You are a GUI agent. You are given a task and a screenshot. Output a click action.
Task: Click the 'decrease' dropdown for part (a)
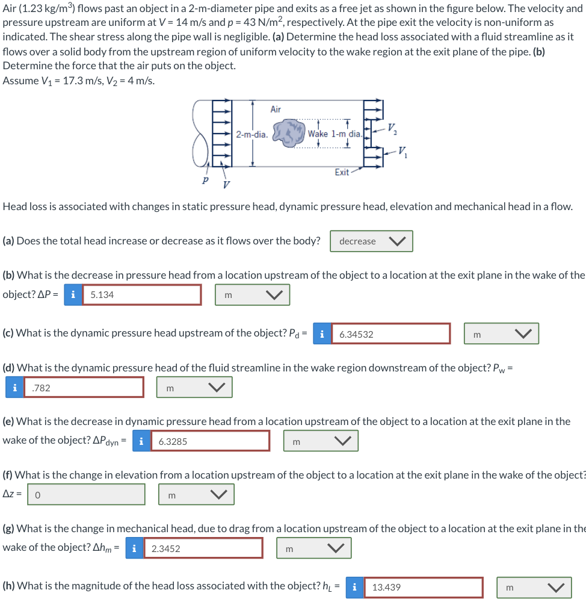tap(371, 241)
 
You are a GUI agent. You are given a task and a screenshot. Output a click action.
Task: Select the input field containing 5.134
tap(141, 295)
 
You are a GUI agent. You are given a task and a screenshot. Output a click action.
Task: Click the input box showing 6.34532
tap(390, 334)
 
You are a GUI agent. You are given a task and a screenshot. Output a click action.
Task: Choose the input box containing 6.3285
tap(210, 441)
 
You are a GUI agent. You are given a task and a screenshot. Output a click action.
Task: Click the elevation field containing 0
tap(86, 495)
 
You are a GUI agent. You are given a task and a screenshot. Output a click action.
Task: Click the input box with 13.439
tap(423, 587)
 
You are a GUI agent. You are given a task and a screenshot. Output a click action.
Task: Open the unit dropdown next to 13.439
tap(534, 587)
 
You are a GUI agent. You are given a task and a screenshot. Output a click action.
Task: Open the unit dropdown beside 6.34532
tap(501, 334)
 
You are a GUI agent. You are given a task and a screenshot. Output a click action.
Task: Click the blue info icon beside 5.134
tap(73, 295)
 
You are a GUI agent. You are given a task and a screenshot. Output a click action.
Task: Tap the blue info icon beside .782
tap(14, 388)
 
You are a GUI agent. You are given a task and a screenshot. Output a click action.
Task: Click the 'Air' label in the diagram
tap(276, 109)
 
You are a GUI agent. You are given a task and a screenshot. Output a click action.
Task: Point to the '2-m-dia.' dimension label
tap(251, 134)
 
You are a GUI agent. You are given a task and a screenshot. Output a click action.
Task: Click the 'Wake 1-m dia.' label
tap(335, 134)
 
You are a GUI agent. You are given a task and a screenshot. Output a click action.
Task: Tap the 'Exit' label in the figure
tap(342, 172)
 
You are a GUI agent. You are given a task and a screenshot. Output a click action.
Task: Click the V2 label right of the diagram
tap(392, 128)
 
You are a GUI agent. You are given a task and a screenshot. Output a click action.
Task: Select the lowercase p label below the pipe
tap(206, 179)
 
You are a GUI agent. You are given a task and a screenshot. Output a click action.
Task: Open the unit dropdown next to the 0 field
tap(196, 495)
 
